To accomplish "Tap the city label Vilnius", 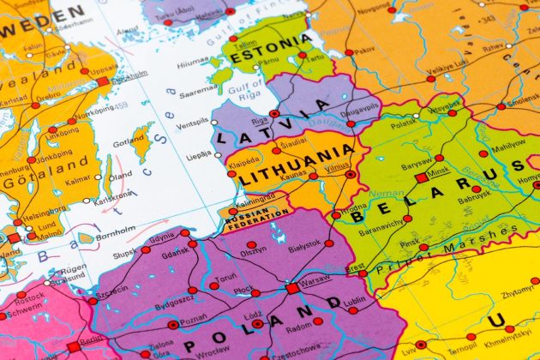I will tap(338, 168).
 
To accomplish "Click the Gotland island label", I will tap(129, 141).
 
